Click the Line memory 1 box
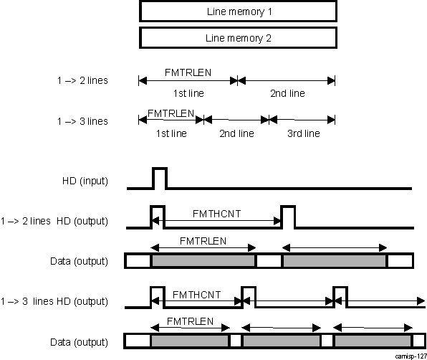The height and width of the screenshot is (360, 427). point(238,12)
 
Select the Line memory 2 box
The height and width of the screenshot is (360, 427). point(238,38)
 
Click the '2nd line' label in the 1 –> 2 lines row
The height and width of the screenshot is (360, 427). point(287,93)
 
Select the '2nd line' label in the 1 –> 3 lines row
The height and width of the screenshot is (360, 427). point(236,133)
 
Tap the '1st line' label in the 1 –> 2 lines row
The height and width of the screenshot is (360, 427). point(188,93)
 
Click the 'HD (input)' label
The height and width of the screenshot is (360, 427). point(85,180)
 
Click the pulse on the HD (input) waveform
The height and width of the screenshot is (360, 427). point(159,178)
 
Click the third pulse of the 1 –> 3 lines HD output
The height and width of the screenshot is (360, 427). point(340,296)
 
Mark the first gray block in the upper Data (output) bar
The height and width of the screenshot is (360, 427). point(203,261)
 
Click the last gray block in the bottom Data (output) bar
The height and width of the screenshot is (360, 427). point(373,341)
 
